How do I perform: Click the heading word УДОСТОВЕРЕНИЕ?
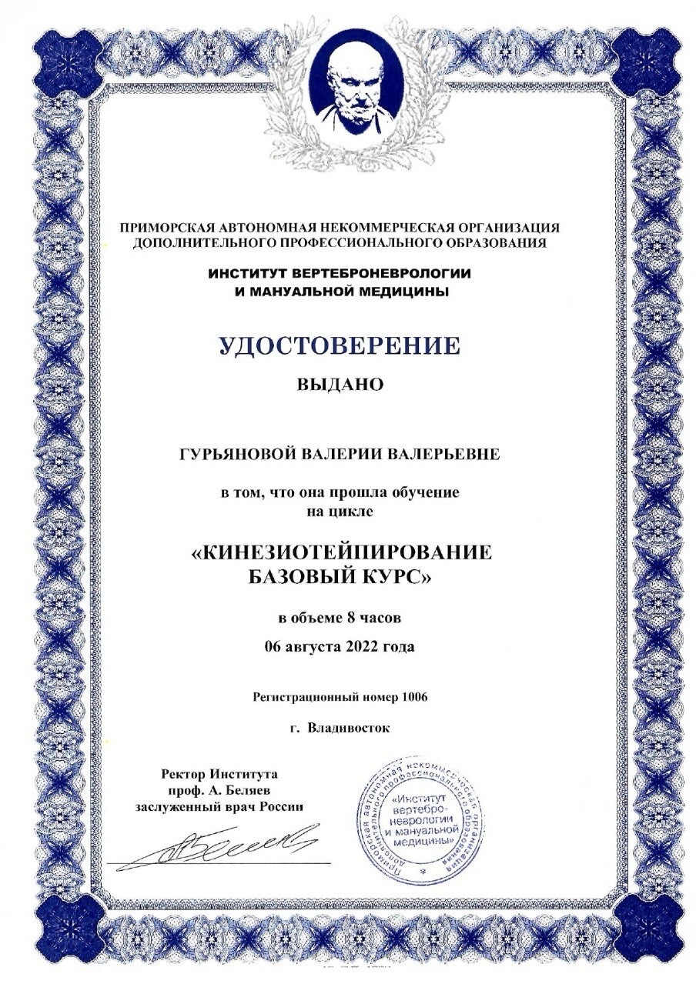click(x=339, y=345)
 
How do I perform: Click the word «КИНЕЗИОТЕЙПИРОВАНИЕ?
click(x=340, y=555)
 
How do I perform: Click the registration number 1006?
click(x=414, y=697)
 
